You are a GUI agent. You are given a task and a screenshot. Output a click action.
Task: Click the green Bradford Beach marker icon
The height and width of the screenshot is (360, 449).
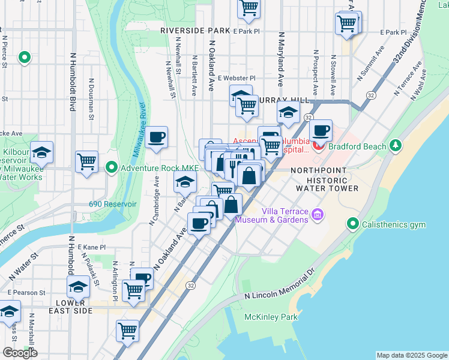(x=395, y=145)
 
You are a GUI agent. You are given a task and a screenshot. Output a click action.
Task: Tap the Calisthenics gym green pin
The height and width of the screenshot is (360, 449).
(x=353, y=224)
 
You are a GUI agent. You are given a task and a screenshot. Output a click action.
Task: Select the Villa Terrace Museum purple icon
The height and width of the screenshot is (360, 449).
(x=318, y=214)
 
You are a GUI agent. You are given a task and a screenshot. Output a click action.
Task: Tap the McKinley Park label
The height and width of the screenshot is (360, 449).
(x=262, y=316)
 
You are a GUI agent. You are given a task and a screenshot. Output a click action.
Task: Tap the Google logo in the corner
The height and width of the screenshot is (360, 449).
(x=20, y=352)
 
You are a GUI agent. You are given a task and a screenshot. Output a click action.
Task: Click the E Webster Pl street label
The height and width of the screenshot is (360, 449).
(x=237, y=78)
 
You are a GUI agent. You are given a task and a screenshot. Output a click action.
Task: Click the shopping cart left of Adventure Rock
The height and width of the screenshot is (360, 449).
(x=87, y=161)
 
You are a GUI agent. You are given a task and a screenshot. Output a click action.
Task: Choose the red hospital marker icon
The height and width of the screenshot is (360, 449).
(x=318, y=145)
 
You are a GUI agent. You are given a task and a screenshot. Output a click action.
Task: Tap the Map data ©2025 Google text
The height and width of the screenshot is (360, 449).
(x=411, y=355)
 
